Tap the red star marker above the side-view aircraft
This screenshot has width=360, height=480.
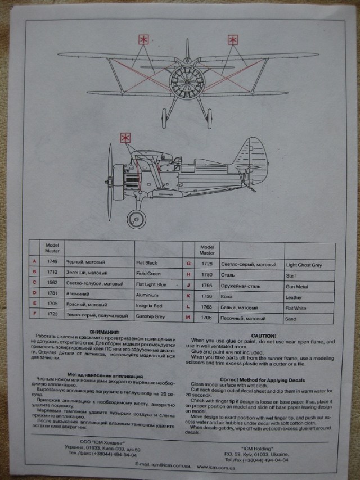(125, 138)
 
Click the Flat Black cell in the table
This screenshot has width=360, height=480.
(147, 262)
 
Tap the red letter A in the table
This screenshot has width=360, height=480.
(35, 262)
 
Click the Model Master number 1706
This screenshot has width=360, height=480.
(208, 318)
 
